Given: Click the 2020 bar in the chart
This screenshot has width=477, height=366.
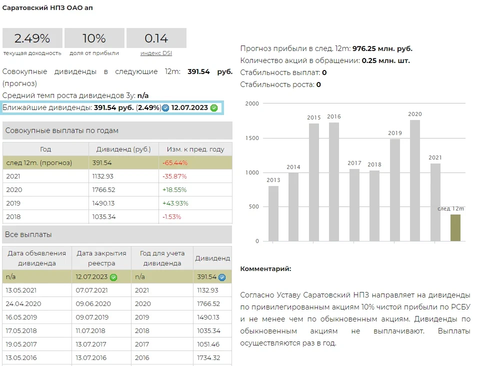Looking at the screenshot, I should [414, 180].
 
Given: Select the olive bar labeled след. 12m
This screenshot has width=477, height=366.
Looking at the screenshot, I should [455, 227].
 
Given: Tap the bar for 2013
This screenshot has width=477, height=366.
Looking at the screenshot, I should [273, 213].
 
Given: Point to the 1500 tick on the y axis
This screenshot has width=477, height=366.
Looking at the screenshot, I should [253, 138].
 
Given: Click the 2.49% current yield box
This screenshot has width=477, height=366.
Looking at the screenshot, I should [32, 38].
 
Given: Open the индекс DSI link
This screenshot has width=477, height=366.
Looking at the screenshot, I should [156, 53].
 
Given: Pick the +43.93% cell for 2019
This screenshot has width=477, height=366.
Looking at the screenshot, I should [174, 203].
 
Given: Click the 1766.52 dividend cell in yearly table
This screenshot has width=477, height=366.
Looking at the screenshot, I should [103, 190].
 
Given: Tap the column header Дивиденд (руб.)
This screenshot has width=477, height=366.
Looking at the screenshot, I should [123, 149].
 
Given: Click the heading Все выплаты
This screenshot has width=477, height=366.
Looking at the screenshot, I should [28, 234].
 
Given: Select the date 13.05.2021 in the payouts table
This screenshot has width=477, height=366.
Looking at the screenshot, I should [21, 290].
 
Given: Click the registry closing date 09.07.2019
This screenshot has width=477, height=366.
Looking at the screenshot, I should [92, 317].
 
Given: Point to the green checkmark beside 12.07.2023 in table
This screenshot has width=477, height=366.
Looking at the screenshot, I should [113, 277].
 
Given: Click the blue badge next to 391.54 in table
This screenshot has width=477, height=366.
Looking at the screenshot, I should [222, 277].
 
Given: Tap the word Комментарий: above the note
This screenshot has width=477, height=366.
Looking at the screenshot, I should [265, 269].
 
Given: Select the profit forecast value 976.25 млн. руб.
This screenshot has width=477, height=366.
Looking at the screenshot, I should [382, 48].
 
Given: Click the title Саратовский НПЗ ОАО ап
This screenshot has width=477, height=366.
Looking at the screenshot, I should [47, 8].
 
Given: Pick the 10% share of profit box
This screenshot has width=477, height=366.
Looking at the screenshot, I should [94, 38].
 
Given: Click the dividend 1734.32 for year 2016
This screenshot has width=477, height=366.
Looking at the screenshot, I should [208, 357].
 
